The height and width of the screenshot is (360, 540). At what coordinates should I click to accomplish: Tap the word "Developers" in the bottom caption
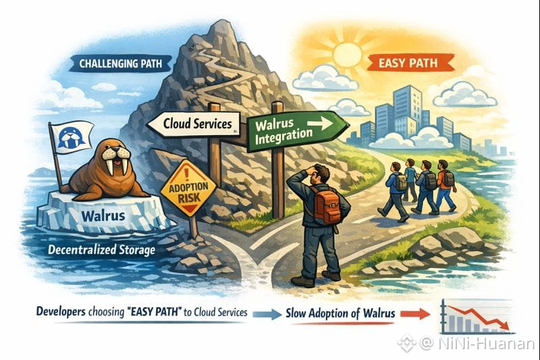tap(65, 313)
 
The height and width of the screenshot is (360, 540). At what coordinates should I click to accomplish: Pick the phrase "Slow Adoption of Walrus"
tap(341, 313)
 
